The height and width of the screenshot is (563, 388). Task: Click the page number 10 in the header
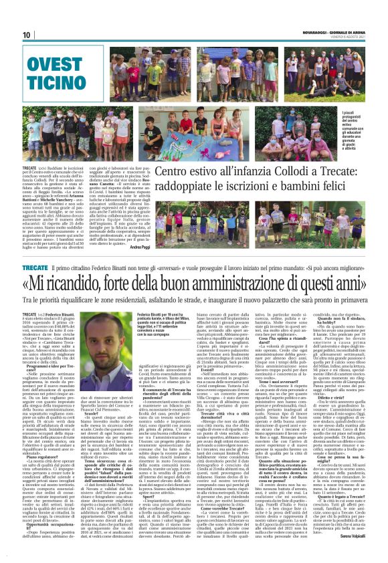27,35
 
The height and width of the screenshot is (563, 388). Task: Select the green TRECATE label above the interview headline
35,267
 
